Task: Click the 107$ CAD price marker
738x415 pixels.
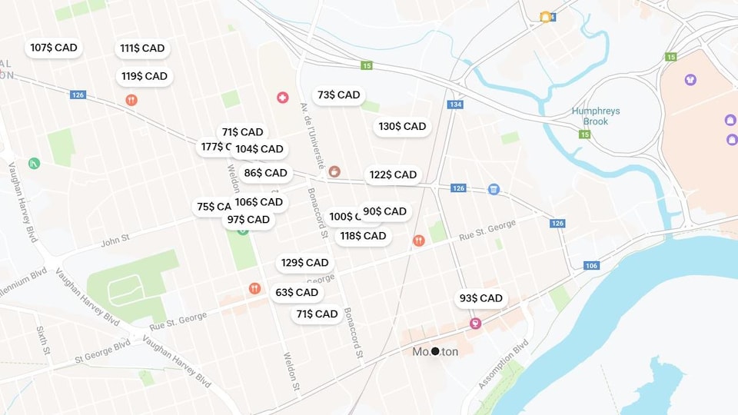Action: coord(54,48)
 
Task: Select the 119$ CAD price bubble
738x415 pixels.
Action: coord(144,76)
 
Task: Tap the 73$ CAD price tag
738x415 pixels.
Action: coord(338,95)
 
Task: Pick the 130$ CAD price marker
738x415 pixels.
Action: coord(402,127)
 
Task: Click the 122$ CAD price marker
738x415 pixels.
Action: coord(393,175)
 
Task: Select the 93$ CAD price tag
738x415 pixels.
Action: coord(480,298)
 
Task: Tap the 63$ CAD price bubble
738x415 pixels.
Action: coord(297,293)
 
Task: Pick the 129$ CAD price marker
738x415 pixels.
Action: coord(304,263)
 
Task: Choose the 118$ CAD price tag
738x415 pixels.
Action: coord(363,236)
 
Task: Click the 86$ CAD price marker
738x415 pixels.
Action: coord(265,174)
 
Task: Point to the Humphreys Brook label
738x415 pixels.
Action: coord(595,116)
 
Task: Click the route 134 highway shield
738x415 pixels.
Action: coord(456,105)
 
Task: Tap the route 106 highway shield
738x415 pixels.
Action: coord(591,266)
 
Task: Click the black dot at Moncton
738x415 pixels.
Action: coord(435,351)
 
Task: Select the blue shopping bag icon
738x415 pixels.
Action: coord(494,189)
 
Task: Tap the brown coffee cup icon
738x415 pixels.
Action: coord(334,171)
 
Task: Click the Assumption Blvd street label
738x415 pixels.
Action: coord(504,364)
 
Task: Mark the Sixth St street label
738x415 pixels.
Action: coord(42,340)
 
